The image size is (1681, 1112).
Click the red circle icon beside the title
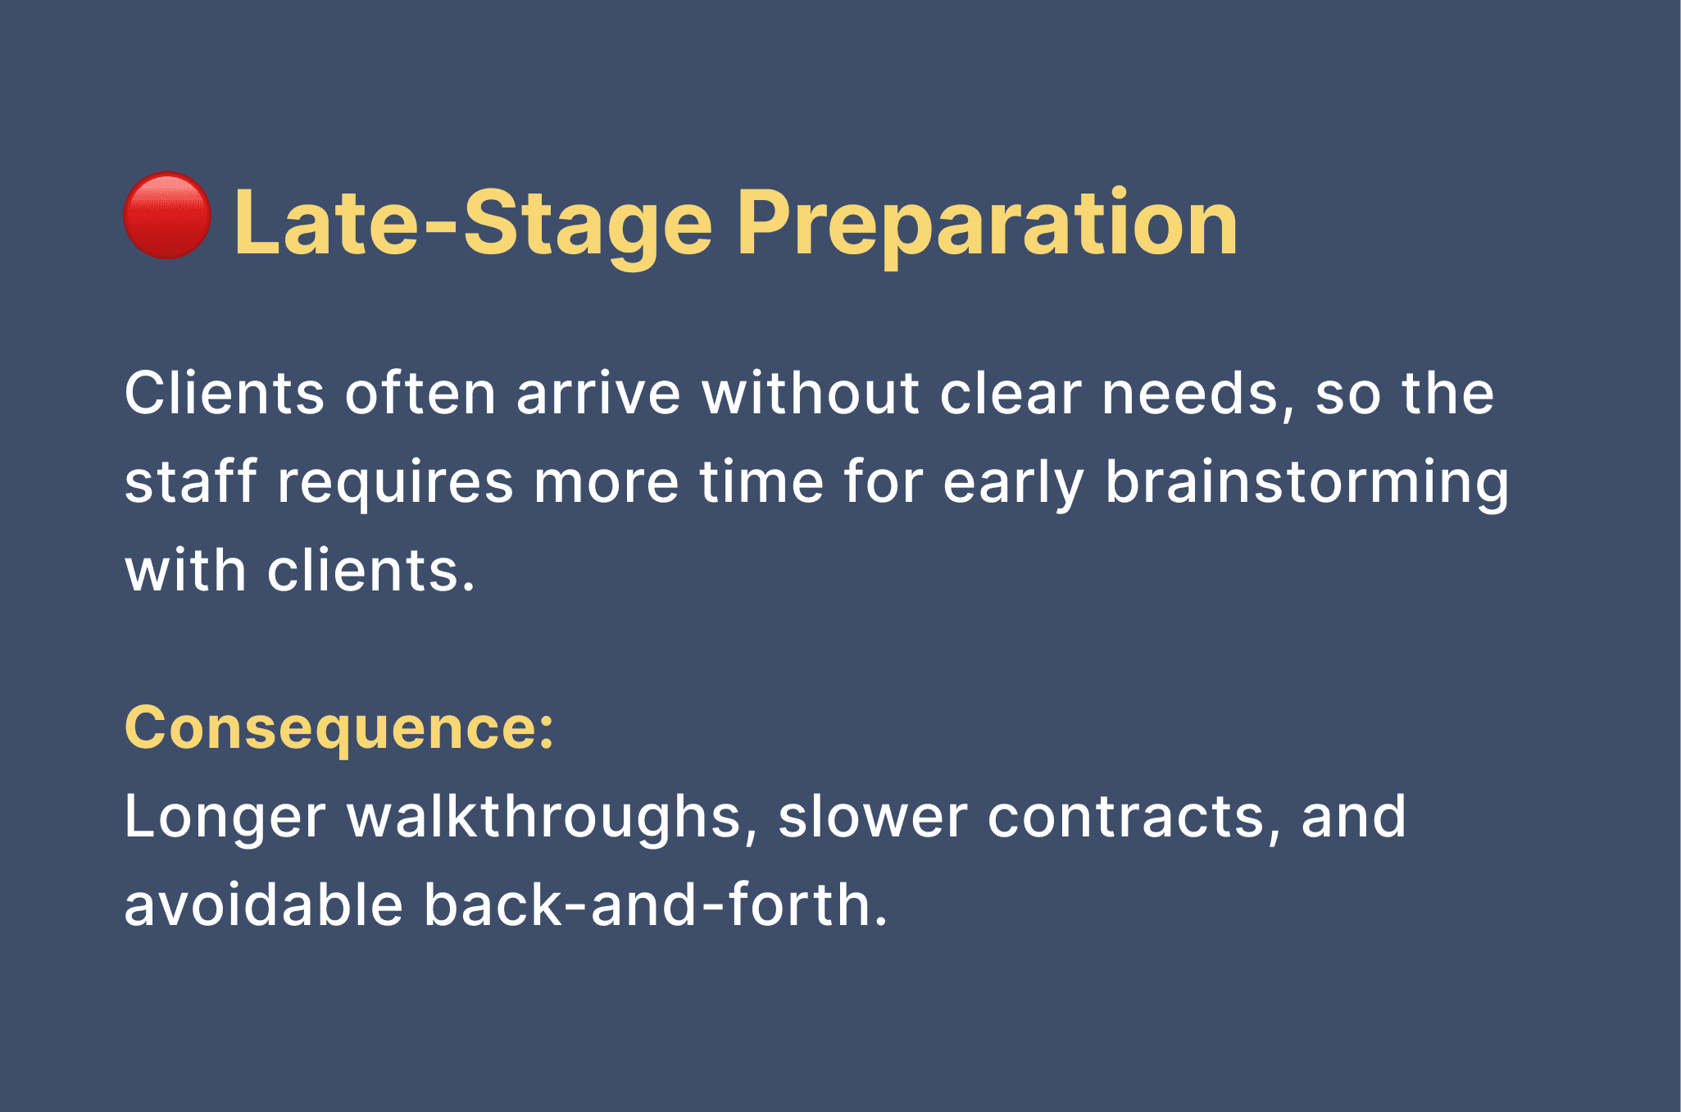point(167,215)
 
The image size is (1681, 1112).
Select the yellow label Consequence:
point(338,729)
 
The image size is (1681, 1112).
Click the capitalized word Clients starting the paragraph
point(225,394)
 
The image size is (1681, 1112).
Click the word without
point(810,394)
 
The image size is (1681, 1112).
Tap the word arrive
point(598,394)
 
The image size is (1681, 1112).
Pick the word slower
point(873,818)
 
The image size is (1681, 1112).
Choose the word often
point(420,394)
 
